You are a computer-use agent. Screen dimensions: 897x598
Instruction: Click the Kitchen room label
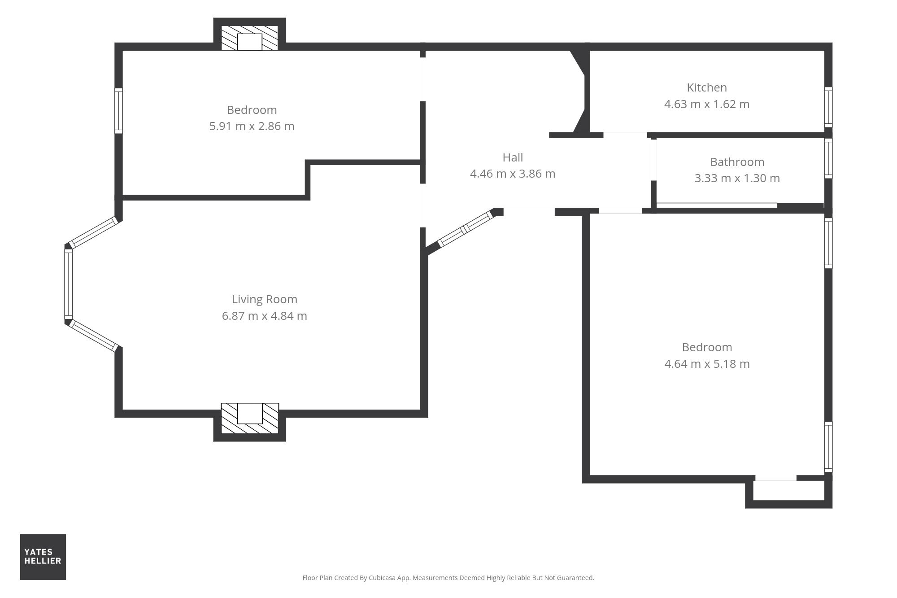[x=707, y=87]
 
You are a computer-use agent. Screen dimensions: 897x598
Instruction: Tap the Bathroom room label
[x=737, y=162]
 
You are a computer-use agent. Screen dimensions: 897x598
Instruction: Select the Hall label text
[x=513, y=157]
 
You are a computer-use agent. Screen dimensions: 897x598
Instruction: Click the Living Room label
[x=264, y=299]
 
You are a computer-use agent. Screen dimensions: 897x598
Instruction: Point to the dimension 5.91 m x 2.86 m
[x=252, y=126]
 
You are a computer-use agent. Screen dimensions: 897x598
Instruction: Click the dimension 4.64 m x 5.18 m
[x=707, y=364]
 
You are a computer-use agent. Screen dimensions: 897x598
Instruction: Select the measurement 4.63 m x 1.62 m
[x=707, y=104]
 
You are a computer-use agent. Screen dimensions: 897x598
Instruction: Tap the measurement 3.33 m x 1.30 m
[x=737, y=178]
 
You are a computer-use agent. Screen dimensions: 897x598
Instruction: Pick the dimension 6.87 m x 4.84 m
[x=264, y=316]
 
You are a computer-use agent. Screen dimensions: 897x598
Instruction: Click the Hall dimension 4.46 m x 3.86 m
[x=513, y=174]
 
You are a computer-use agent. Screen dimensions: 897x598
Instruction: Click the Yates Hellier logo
[x=43, y=557]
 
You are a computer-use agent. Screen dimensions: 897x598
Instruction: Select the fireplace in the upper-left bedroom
[x=249, y=38]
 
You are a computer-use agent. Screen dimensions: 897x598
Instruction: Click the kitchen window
[x=828, y=107]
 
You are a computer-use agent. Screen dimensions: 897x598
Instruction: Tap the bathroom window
[x=828, y=158]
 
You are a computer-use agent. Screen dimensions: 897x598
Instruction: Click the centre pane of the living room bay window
[x=69, y=284]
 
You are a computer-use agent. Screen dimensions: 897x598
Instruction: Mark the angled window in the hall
[x=465, y=229]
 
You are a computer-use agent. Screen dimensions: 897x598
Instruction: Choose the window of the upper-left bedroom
[x=118, y=111]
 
